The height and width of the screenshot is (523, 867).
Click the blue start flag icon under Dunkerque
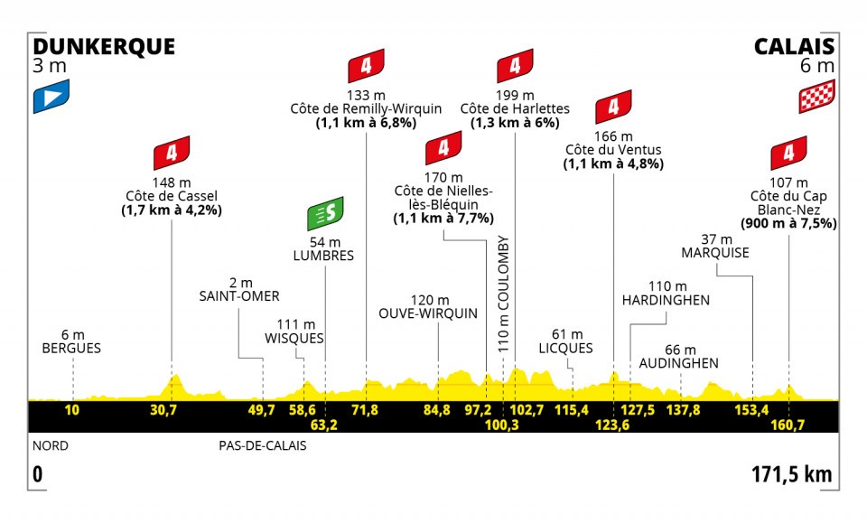coord(51,98)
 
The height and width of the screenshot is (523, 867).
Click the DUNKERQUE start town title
coord(104,46)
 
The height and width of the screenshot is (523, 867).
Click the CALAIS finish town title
coord(795,46)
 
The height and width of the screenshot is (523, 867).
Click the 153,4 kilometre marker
coord(751,411)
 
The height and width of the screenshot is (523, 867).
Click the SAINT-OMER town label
coord(240,295)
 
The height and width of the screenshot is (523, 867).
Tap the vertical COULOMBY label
coord(504,293)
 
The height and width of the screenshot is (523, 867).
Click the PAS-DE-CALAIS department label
coord(262,445)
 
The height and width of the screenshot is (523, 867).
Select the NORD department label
coord(50,445)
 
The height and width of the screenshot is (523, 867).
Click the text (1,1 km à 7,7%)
coord(443,219)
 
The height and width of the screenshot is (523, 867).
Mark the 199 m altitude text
coord(515,95)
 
